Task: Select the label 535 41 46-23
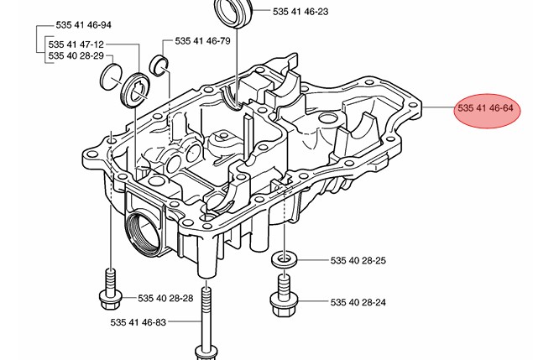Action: click(x=300, y=13)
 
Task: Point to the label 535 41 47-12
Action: click(x=76, y=44)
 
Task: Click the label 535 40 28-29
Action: click(x=76, y=56)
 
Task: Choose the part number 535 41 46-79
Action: click(x=202, y=40)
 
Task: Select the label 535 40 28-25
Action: click(x=358, y=261)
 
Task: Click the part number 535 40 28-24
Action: click(x=358, y=302)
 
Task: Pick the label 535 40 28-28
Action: click(x=165, y=298)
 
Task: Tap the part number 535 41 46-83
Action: click(x=138, y=322)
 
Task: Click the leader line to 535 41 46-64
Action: click(x=439, y=110)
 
